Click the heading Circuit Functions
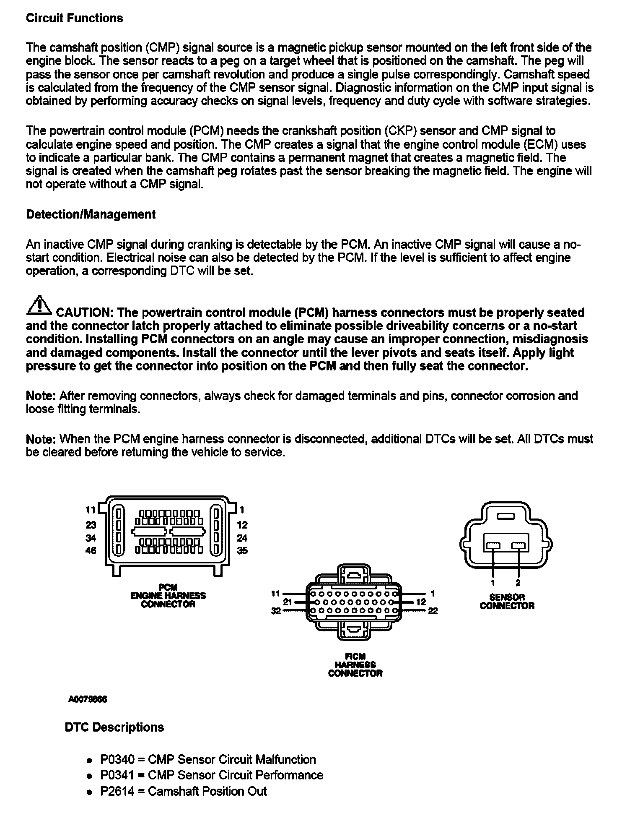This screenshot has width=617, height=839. click(75, 18)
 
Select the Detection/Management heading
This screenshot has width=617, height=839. click(91, 214)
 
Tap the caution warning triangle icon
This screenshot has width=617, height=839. click(39, 306)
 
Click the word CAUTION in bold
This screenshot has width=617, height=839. click(83, 313)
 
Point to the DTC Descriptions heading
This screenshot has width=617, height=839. click(114, 727)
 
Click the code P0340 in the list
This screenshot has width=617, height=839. click(117, 759)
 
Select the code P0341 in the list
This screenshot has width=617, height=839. click(117, 775)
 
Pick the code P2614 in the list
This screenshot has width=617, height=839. click(117, 791)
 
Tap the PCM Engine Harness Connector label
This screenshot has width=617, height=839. click(168, 596)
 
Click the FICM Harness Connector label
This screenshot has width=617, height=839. click(355, 665)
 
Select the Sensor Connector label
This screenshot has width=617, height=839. click(507, 601)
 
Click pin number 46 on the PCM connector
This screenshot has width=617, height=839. click(91, 551)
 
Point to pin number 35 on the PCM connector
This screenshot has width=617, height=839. click(242, 551)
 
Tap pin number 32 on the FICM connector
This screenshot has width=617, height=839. click(275, 611)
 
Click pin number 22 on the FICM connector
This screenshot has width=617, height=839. click(433, 611)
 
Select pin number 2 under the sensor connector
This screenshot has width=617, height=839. click(518, 583)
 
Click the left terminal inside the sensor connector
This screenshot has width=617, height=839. click(493, 545)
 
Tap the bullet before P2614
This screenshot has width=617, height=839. click(89, 792)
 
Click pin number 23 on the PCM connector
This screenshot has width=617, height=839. click(91, 525)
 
